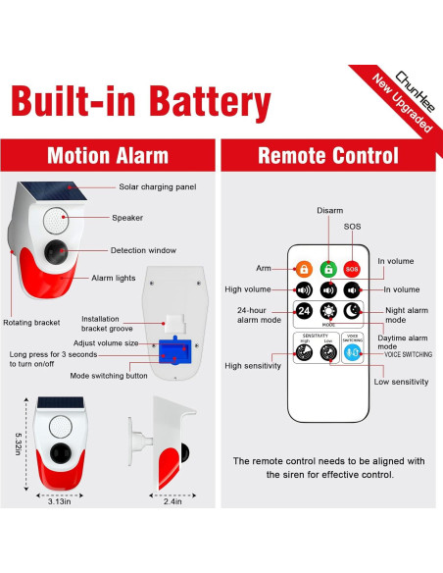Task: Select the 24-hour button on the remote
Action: [x=304, y=311]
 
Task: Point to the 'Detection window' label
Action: [x=143, y=250]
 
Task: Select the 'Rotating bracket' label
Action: [x=32, y=322]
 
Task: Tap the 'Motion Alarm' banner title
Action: [x=108, y=155]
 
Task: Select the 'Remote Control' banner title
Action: [x=327, y=155]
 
